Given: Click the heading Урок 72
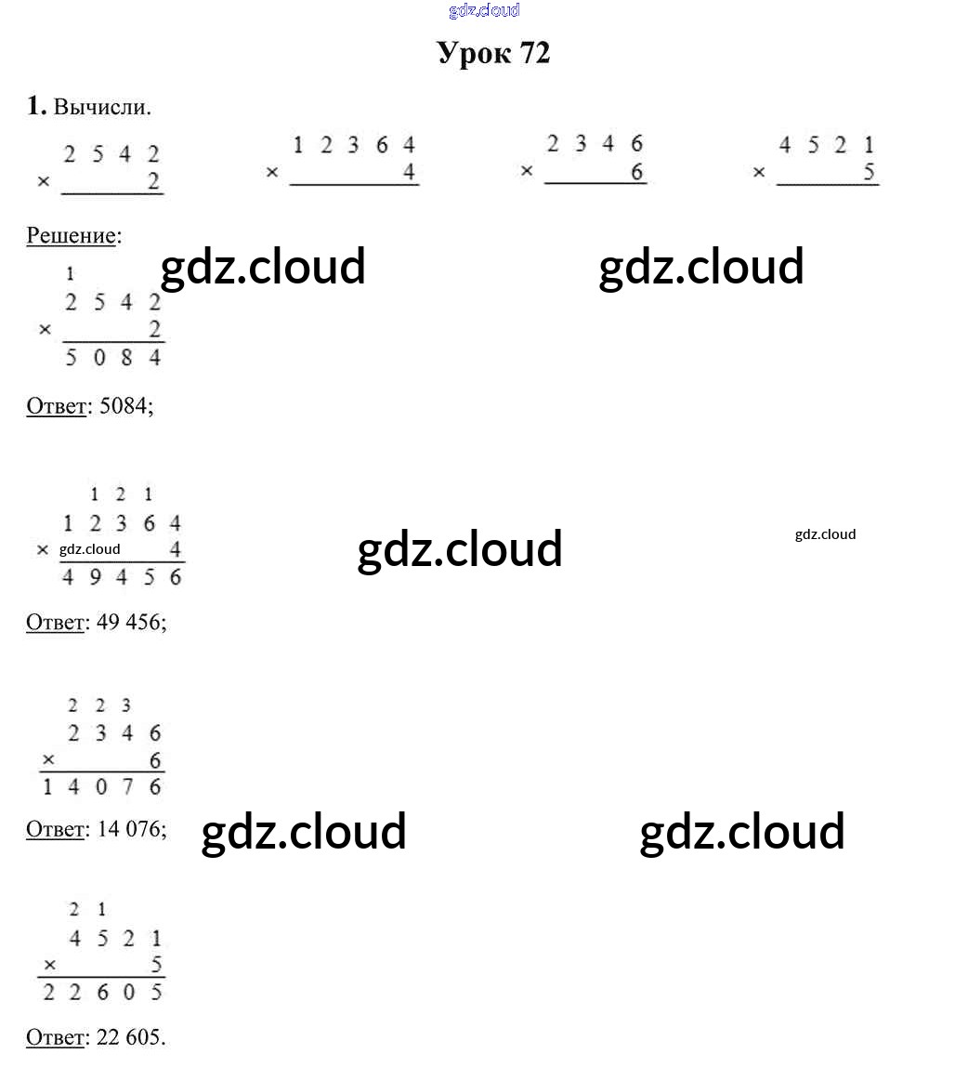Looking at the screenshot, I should click(493, 53).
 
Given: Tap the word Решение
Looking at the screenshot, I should click(71, 235).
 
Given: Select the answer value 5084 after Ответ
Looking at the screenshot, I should click(124, 406).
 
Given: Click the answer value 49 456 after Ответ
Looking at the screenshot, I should click(130, 622).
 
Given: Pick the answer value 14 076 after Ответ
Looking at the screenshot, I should click(130, 828).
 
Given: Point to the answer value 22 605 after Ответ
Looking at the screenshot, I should click(130, 1036).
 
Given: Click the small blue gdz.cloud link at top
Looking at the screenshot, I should click(484, 10).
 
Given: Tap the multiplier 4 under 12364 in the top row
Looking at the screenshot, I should click(409, 173).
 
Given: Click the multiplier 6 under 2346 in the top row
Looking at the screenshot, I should click(636, 172).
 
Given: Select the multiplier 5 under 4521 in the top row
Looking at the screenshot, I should click(869, 172).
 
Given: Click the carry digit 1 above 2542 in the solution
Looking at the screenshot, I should click(71, 274).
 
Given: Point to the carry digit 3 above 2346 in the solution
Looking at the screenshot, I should click(126, 706).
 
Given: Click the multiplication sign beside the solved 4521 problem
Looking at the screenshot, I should click(50, 965).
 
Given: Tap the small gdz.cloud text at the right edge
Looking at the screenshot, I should click(825, 534).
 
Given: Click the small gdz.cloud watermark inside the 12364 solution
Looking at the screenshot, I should click(90, 549).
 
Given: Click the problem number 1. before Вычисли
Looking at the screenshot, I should click(36, 107).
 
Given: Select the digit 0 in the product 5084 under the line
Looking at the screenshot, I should click(99, 358).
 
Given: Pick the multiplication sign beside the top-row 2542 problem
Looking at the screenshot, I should click(44, 182).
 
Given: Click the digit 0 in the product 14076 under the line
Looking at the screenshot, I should click(99, 787).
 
